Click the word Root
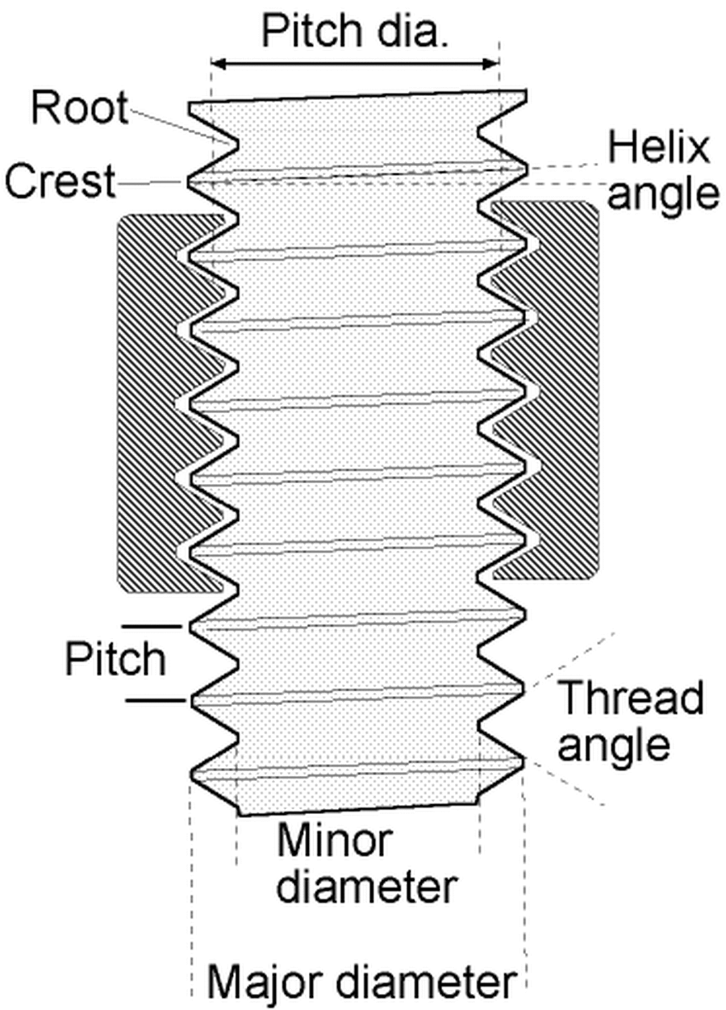pos(79,108)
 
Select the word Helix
pos(658,148)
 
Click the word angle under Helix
pos(661,193)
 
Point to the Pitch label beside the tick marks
pos(115,660)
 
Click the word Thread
pos(631,699)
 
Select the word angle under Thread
pos(615,745)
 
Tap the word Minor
pos(334,841)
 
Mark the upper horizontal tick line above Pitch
pos(153,625)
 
